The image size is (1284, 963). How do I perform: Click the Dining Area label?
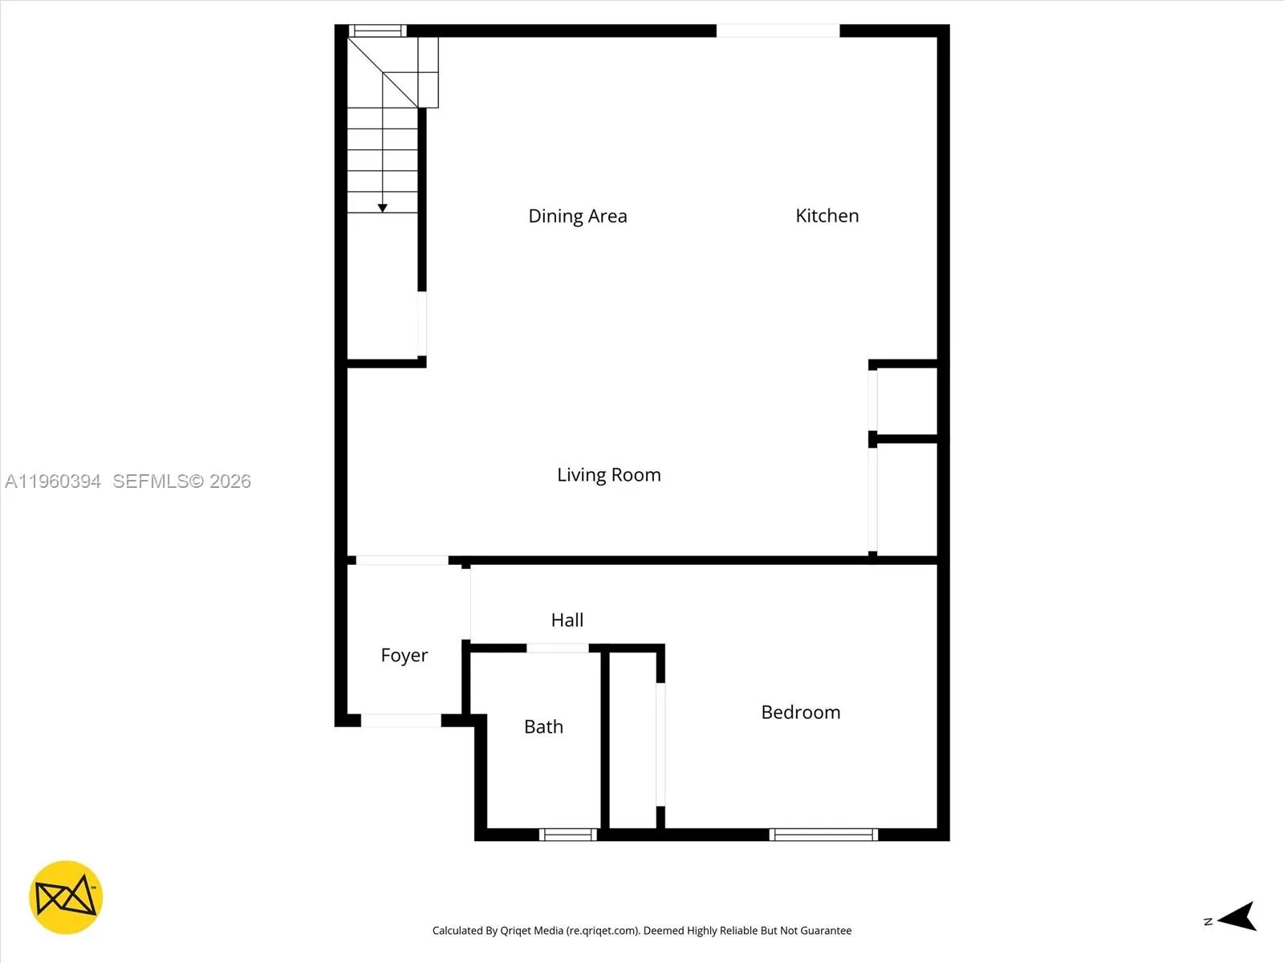point(577,216)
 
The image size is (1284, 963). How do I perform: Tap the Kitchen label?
point(827,216)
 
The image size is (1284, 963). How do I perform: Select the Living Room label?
point(608,475)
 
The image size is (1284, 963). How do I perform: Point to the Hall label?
point(567,620)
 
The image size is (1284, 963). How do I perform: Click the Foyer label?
point(404,656)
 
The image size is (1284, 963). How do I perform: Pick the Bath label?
point(543,727)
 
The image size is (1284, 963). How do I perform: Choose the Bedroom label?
point(800,713)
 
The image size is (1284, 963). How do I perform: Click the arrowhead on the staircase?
point(383,208)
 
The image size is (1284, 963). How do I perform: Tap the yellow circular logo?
point(66,897)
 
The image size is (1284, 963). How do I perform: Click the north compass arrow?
point(1237,916)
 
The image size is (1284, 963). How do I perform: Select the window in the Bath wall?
point(568,835)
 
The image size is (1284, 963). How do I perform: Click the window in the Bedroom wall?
point(823,835)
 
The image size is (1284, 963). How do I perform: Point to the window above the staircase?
point(377,31)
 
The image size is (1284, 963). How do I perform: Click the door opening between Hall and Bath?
point(558,648)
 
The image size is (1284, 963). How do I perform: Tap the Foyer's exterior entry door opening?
point(400,721)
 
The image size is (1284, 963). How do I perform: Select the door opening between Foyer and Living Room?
point(402,560)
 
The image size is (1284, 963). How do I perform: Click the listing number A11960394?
point(53,481)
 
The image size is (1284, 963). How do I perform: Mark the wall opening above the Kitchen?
point(778,31)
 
